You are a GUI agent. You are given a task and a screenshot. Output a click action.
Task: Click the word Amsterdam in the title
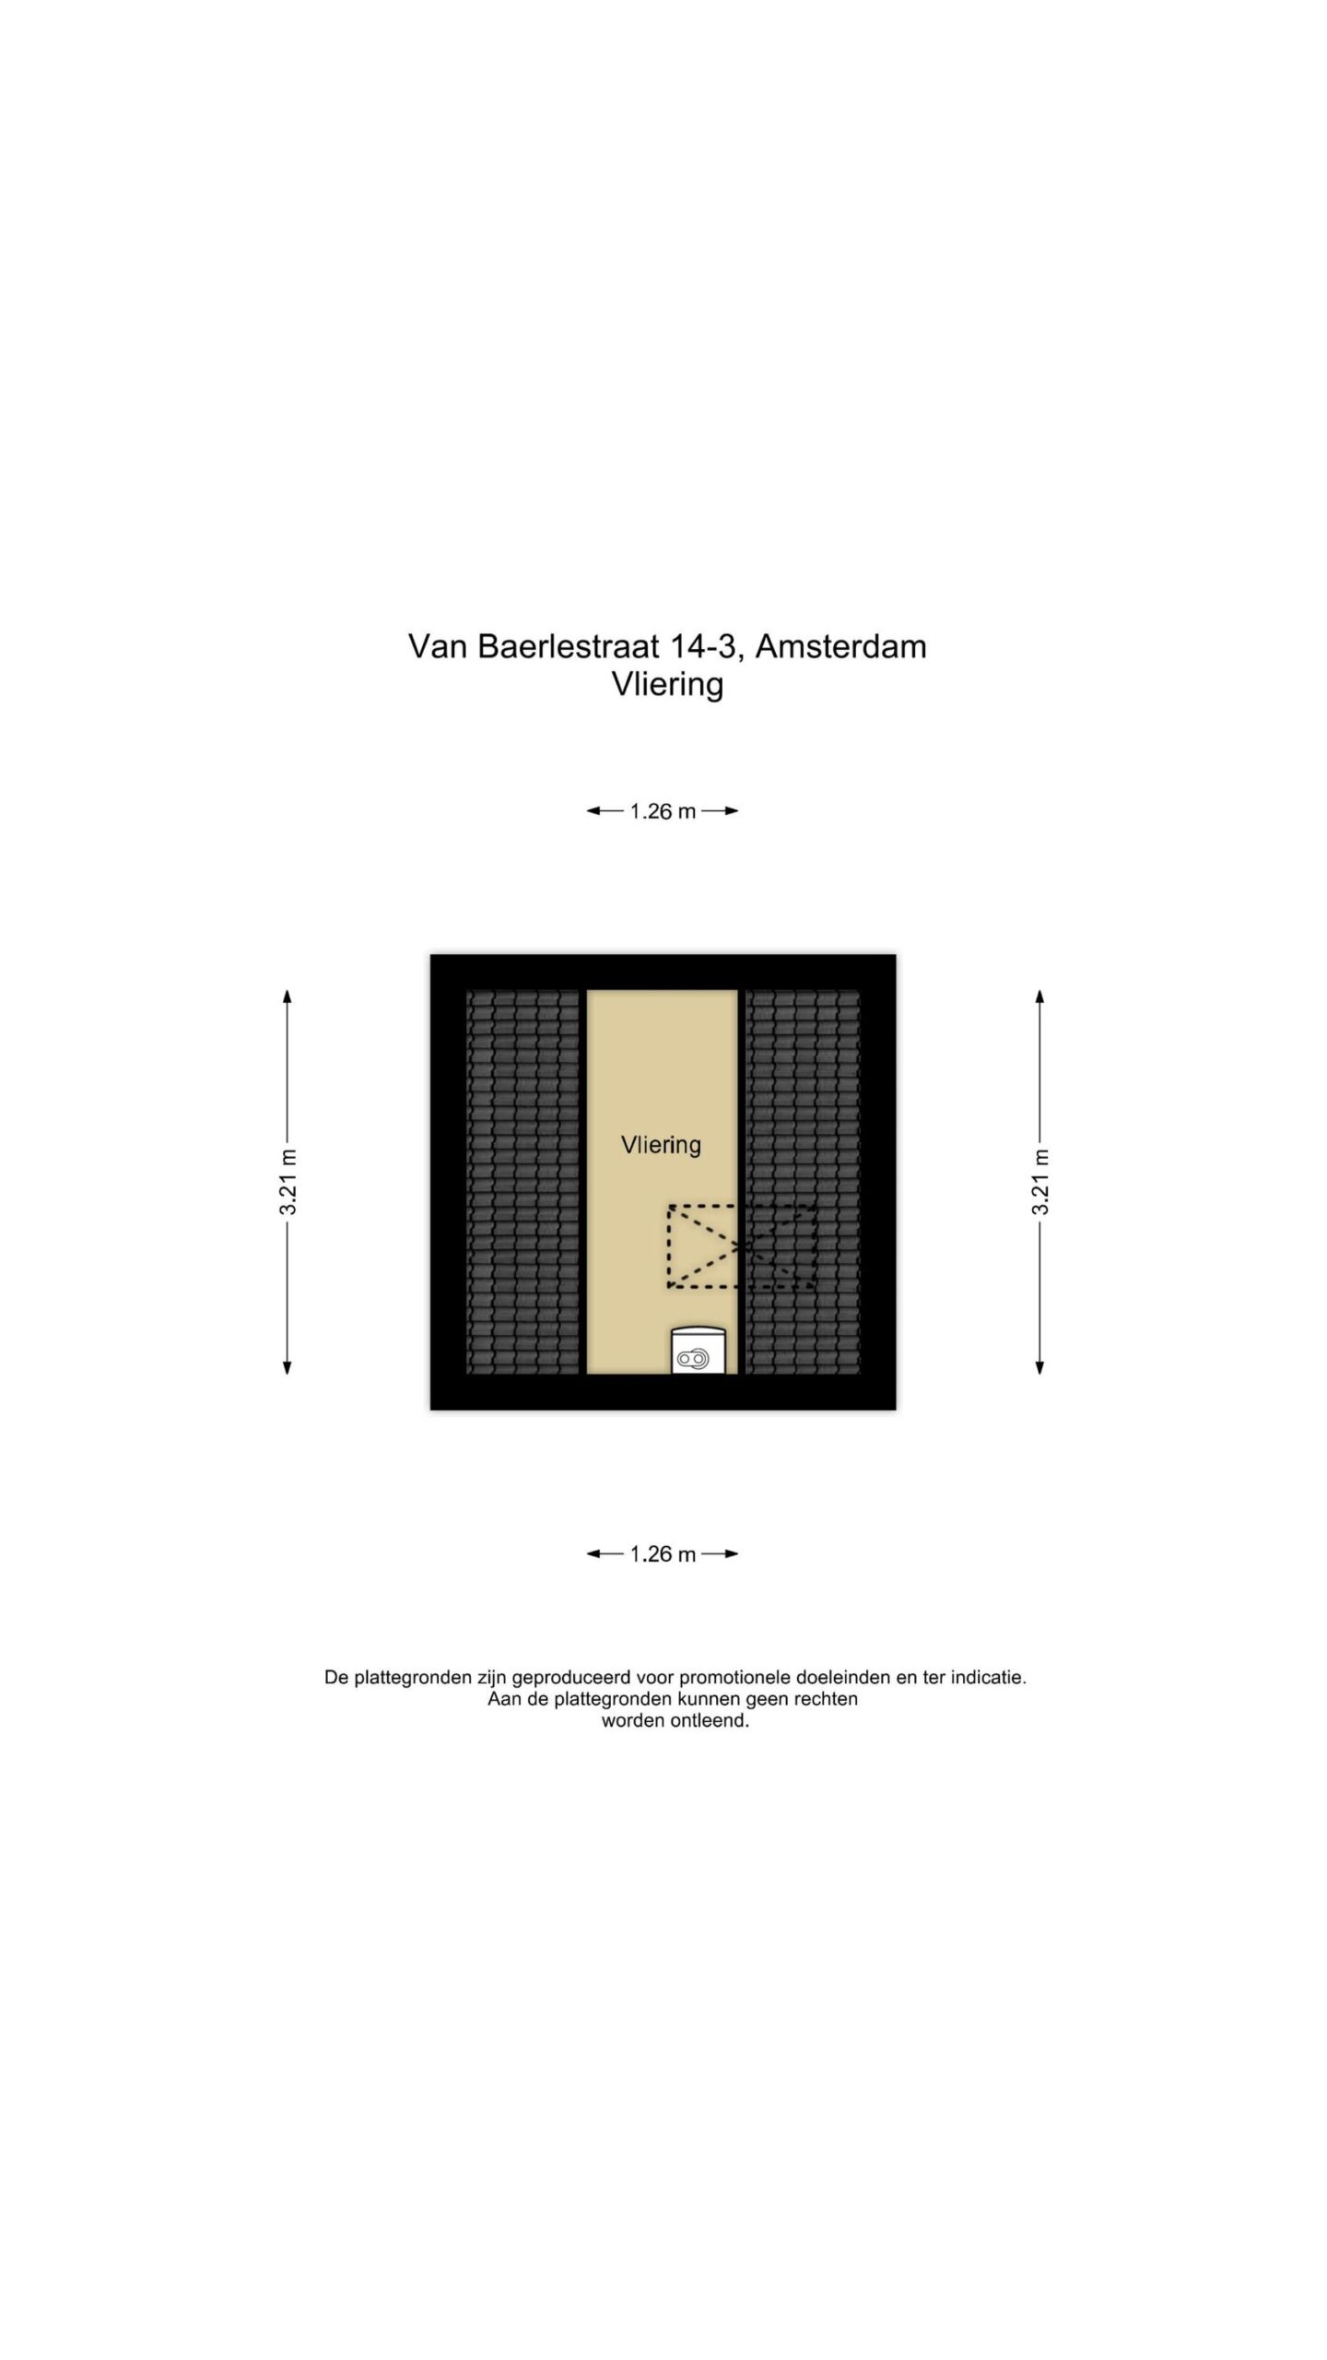coord(840,647)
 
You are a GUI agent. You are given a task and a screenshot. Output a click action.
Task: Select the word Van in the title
coord(438,647)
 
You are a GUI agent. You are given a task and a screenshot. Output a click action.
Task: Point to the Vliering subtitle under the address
coord(667,685)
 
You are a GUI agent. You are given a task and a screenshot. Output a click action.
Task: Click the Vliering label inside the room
coord(661,1145)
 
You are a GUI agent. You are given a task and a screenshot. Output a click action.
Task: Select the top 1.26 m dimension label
coord(663,811)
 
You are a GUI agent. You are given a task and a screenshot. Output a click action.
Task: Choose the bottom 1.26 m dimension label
coord(663,1554)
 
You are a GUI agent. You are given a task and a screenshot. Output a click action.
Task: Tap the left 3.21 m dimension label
coord(288,1182)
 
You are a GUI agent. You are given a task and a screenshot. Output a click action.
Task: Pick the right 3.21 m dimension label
coord(1040,1182)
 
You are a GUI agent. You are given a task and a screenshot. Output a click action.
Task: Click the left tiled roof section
coord(523,1182)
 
